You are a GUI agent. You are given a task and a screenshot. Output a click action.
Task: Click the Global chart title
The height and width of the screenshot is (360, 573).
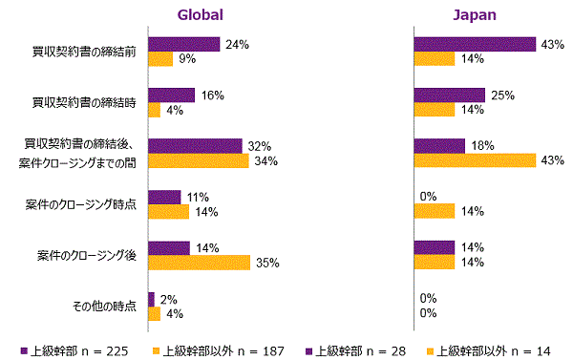pyautogui.click(x=200, y=14)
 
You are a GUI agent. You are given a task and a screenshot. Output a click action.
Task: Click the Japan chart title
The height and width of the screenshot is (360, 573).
pyautogui.click(x=474, y=14)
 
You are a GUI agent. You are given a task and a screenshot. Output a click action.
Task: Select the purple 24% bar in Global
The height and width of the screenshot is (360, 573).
pyautogui.click(x=184, y=44)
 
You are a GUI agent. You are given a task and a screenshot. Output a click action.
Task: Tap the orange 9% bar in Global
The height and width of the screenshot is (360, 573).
pyautogui.click(x=160, y=58)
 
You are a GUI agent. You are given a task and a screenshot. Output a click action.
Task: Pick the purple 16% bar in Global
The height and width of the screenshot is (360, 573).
pyautogui.click(x=172, y=95)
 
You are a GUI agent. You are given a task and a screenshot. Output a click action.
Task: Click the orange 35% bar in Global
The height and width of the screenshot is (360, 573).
pyautogui.click(x=200, y=262)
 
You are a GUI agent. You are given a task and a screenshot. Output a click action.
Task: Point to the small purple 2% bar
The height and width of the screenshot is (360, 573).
pyautogui.click(x=151, y=299)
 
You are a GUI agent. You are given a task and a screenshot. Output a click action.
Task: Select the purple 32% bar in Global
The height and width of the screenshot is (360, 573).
pyautogui.click(x=196, y=146)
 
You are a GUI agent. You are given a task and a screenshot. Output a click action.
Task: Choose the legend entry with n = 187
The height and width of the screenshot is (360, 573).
pyautogui.click(x=218, y=349)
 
